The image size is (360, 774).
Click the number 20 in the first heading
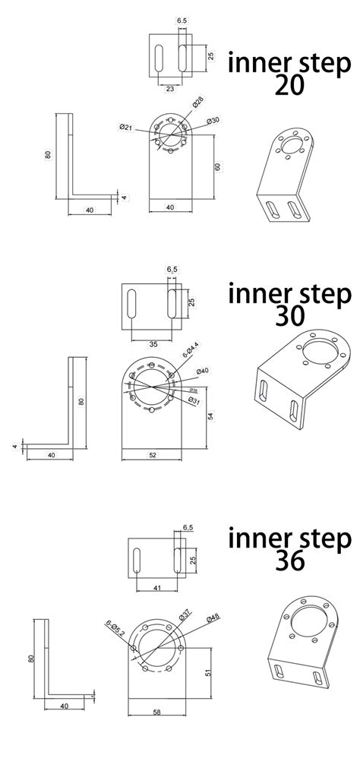pyautogui.click(x=289, y=84)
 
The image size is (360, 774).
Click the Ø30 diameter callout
pyautogui.click(x=213, y=121)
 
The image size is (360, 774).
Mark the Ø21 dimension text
pyautogui.click(x=126, y=127)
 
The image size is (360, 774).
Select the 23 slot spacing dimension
pyautogui.click(x=169, y=89)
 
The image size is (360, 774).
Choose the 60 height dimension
pyautogui.click(x=217, y=166)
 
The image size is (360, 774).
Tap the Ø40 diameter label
pyautogui.click(x=202, y=371)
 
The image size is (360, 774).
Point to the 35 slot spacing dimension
pyautogui.click(x=153, y=344)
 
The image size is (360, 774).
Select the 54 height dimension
pyautogui.click(x=210, y=416)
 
